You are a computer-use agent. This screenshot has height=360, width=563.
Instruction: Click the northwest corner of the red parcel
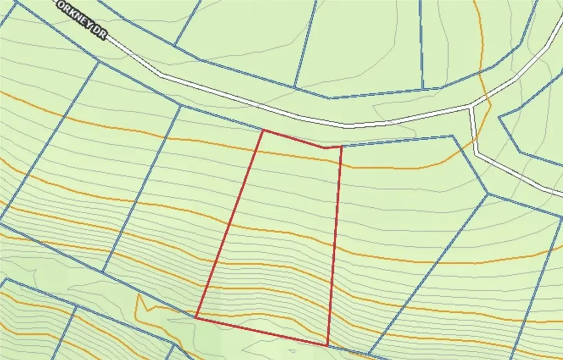pos(263,130)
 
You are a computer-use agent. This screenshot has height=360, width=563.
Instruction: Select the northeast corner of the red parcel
pos(341,147)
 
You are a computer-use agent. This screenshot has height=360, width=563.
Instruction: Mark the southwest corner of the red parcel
pos(196,317)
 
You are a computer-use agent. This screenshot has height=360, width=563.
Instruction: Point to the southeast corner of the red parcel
pos(328,346)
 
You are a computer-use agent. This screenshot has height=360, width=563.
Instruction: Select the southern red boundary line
pos(262,331)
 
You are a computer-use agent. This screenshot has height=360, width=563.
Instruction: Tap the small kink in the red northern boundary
pos(325,148)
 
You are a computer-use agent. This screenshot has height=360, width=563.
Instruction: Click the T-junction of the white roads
pos(472,106)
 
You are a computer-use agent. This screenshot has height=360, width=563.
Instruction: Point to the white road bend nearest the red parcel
pos(346,126)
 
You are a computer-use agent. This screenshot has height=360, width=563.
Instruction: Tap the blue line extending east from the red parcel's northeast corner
pos(396,141)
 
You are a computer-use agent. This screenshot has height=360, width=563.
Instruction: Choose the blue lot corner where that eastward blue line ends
pos(454,136)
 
